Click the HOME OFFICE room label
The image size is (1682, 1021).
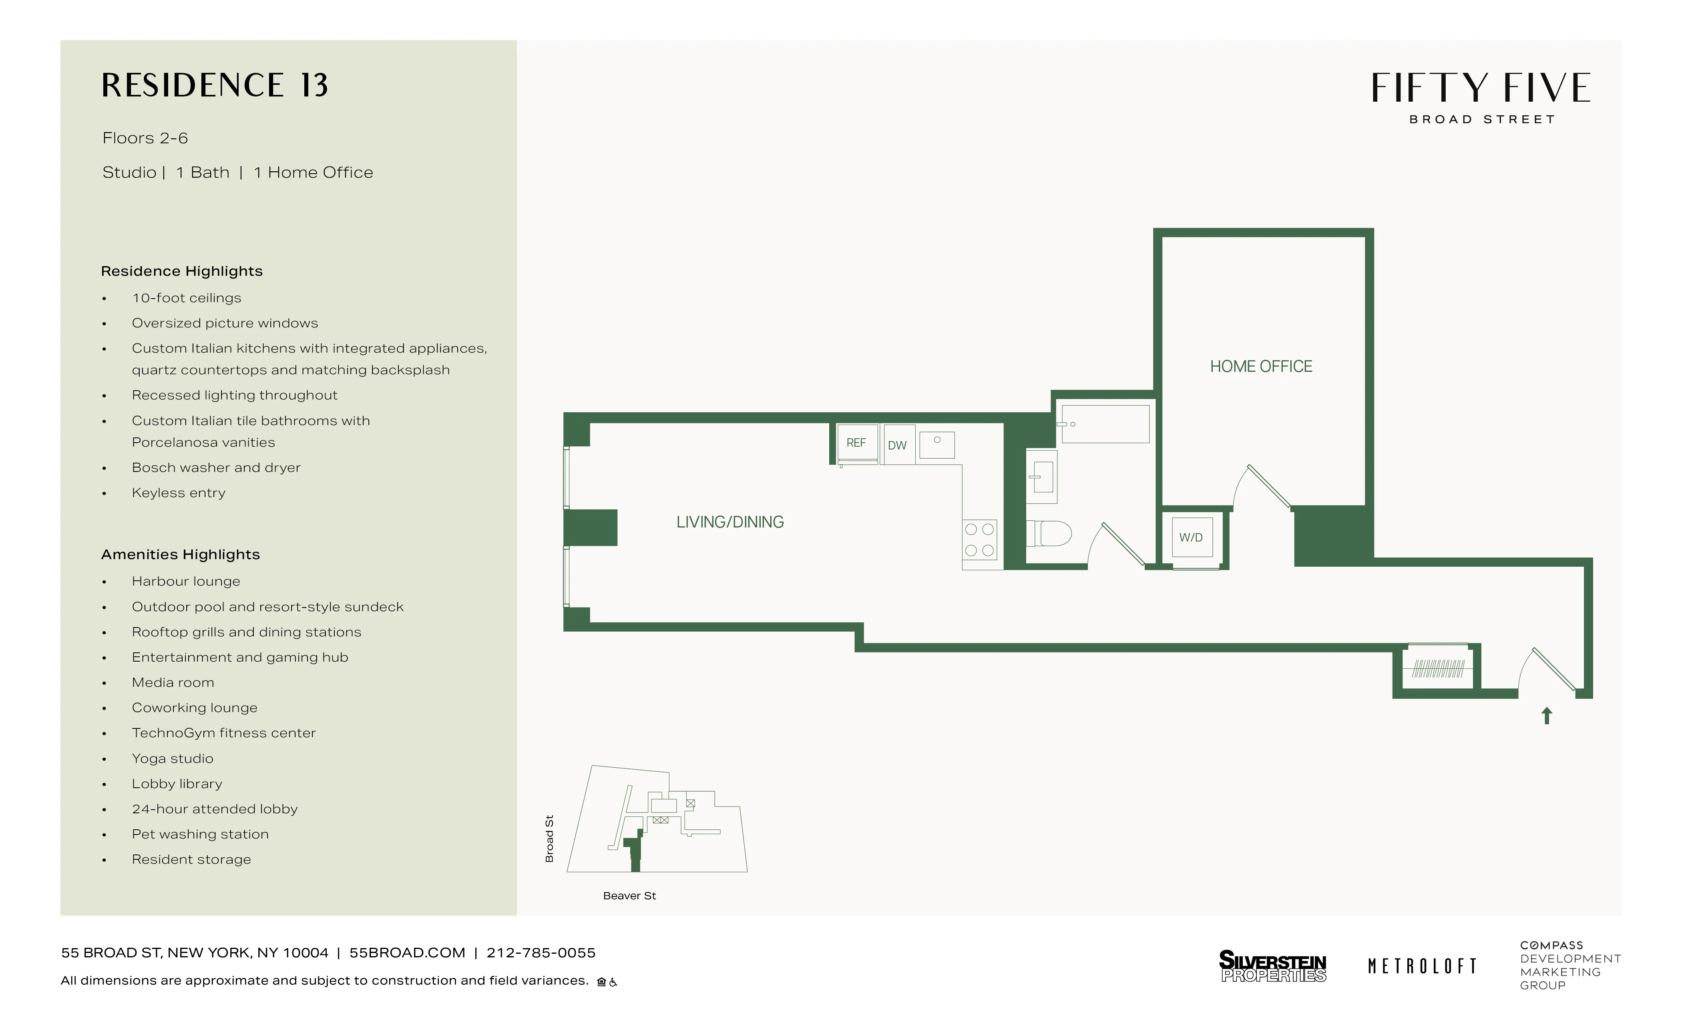click(1261, 367)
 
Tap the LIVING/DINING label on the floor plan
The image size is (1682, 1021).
click(730, 522)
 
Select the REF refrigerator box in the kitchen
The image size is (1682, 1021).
click(856, 443)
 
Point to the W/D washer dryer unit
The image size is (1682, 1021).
click(1191, 538)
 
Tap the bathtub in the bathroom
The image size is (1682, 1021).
click(1105, 424)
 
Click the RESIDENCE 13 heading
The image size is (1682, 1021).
click(215, 86)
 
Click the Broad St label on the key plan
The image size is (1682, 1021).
click(549, 839)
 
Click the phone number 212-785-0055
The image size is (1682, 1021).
click(541, 953)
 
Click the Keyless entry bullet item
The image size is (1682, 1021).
click(178, 493)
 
